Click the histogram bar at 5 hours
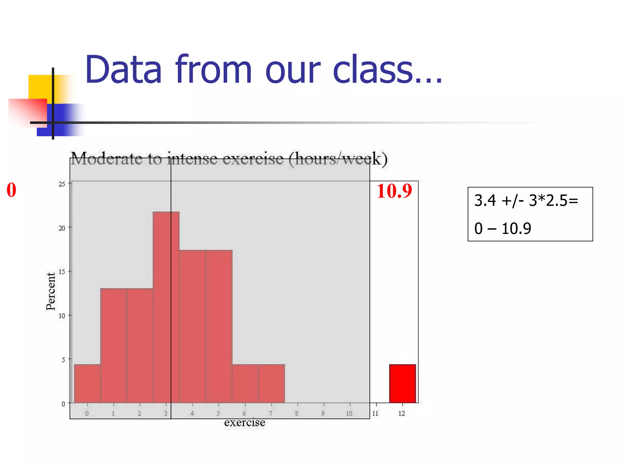pyautogui.click(x=219, y=326)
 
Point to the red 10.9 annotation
pyautogui.click(x=394, y=191)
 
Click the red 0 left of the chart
pyautogui.click(x=11, y=190)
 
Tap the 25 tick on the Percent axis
pyautogui.click(x=62, y=184)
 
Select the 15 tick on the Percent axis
pyautogui.click(x=62, y=272)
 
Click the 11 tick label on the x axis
pyautogui.click(x=375, y=413)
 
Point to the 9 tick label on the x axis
pyautogui.click(x=323, y=413)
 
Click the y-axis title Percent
pyautogui.click(x=51, y=291)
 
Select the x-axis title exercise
pyautogui.click(x=244, y=423)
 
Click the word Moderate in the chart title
pyautogui.click(x=106, y=159)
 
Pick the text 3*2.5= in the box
pyautogui.click(x=553, y=200)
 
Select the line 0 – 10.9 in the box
pyautogui.click(x=502, y=229)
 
